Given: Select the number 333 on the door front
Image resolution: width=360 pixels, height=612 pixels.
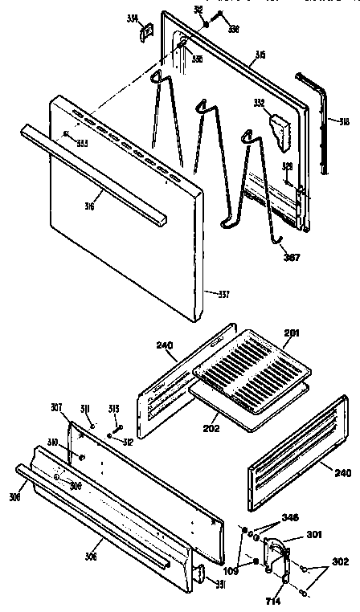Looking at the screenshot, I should (x=81, y=143).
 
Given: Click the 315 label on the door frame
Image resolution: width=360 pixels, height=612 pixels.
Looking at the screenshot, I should (x=260, y=55).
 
